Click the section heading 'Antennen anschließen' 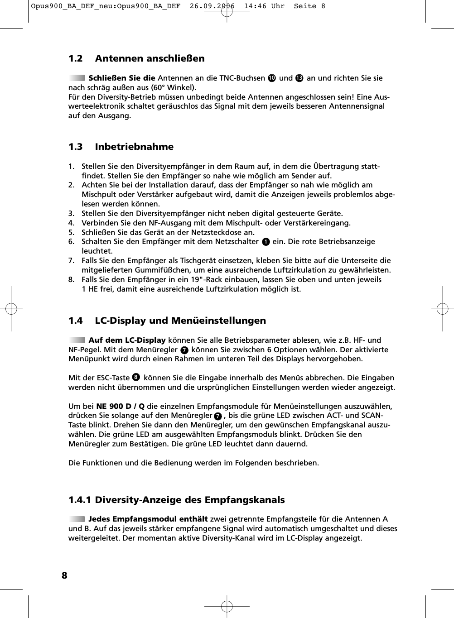[150, 58]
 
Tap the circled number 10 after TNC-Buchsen [272, 78]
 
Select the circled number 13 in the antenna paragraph [299, 78]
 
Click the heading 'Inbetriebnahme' [134, 147]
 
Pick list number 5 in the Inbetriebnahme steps [71, 232]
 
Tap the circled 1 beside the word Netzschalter [266, 242]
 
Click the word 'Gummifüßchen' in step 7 [169, 270]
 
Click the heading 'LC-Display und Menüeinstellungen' [180, 321]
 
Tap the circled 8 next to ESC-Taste [135, 378]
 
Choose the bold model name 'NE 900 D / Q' [120, 407]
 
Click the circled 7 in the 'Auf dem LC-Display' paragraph [184, 350]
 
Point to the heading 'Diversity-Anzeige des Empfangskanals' [189, 500]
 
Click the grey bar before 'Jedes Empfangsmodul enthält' [77, 519]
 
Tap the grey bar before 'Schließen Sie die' [77, 78]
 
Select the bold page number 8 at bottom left [64, 575]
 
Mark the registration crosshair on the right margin [442, 309]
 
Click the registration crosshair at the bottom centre [227, 606]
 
